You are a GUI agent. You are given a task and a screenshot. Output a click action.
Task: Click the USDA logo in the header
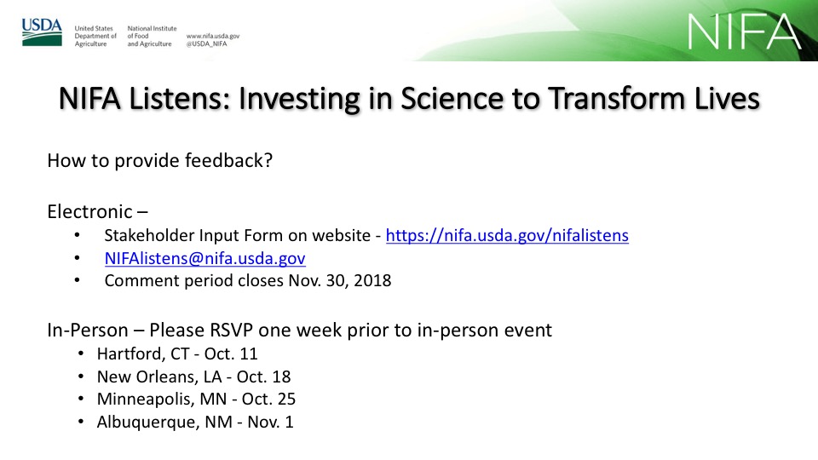pyautogui.click(x=42, y=32)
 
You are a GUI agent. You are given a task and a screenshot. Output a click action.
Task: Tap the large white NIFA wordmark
pyautogui.click(x=744, y=32)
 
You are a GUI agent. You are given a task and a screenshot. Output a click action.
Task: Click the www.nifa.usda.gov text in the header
pyautogui.click(x=213, y=36)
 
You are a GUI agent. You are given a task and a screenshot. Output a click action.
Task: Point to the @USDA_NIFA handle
pyautogui.click(x=206, y=43)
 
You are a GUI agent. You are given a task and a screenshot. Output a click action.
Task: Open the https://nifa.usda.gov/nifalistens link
pyautogui.click(x=507, y=235)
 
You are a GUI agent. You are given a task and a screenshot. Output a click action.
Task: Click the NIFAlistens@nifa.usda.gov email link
pyautogui.click(x=205, y=258)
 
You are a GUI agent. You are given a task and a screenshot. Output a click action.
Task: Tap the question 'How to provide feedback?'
pyautogui.click(x=159, y=161)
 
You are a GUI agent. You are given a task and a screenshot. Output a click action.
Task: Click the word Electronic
pyautogui.click(x=89, y=212)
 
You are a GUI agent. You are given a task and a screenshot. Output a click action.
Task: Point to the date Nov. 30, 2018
pyautogui.click(x=340, y=280)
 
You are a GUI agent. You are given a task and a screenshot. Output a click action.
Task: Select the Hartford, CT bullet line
pyautogui.click(x=177, y=354)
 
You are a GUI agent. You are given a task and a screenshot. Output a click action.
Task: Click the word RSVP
pyautogui.click(x=231, y=331)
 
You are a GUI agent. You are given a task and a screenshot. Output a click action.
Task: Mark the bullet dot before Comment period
pyautogui.click(x=78, y=280)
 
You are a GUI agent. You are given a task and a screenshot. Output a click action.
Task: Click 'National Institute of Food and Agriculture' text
pyautogui.click(x=152, y=36)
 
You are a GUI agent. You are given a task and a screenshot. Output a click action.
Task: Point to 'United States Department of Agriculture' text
pyautogui.click(x=95, y=36)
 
